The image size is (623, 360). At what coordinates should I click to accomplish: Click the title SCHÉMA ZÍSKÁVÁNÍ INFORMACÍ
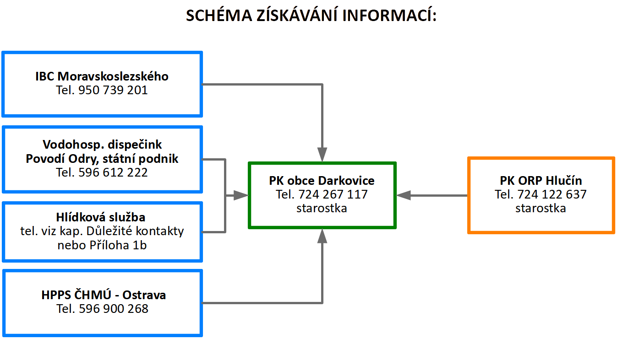point(311,16)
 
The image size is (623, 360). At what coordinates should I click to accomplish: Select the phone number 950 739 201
point(113,90)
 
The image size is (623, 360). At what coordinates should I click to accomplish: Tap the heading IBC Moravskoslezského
point(102,76)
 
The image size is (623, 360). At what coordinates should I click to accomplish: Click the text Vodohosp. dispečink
point(102,145)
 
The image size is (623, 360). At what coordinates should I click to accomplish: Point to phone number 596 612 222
point(113,172)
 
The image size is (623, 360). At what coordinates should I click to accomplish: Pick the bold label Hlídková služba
point(102,217)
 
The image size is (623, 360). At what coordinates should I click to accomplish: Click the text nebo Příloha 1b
point(102,245)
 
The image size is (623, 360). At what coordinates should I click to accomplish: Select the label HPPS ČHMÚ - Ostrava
point(104,295)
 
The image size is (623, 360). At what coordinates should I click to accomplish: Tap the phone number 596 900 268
point(114,309)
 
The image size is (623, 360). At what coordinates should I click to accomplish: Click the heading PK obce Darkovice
point(322,181)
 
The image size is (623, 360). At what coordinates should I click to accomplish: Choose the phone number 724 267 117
point(333,194)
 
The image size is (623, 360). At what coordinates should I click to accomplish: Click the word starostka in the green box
point(322,208)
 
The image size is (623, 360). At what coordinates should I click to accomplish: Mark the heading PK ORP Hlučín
point(541,181)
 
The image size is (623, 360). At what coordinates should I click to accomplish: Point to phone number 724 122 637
point(552,194)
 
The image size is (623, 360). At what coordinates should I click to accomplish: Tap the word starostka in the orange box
point(541,208)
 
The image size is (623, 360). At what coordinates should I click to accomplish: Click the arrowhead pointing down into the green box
point(322,155)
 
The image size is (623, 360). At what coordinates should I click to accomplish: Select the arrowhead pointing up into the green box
point(322,236)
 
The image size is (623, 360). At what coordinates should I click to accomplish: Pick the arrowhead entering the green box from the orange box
point(404,195)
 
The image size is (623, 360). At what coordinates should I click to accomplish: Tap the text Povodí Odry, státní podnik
point(102,159)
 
